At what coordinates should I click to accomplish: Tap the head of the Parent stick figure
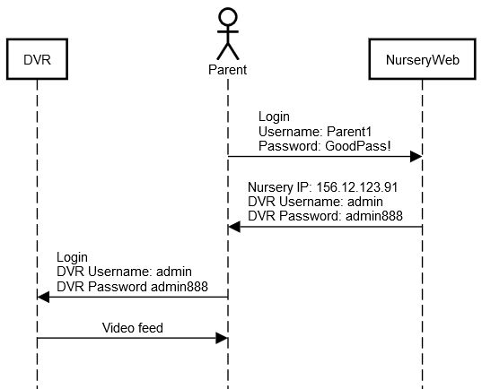(228, 16)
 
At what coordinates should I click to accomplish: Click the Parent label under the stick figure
(227, 70)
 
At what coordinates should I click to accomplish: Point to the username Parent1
(349, 132)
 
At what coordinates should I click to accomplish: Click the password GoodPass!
(358, 146)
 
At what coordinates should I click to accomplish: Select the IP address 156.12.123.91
(357, 187)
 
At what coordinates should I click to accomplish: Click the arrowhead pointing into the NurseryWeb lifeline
(416, 156)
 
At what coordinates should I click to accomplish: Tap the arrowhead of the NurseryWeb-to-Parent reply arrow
(234, 227)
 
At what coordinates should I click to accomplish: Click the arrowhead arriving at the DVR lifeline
(43, 297)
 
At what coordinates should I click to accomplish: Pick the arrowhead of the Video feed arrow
(222, 338)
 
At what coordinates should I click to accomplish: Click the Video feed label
(133, 328)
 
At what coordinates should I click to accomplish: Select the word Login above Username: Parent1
(274, 117)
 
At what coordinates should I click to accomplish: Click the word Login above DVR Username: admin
(72, 257)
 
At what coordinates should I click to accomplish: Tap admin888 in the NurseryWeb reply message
(374, 216)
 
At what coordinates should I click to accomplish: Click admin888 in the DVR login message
(180, 287)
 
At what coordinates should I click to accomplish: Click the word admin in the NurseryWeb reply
(365, 202)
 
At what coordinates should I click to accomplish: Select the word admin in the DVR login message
(174, 272)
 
